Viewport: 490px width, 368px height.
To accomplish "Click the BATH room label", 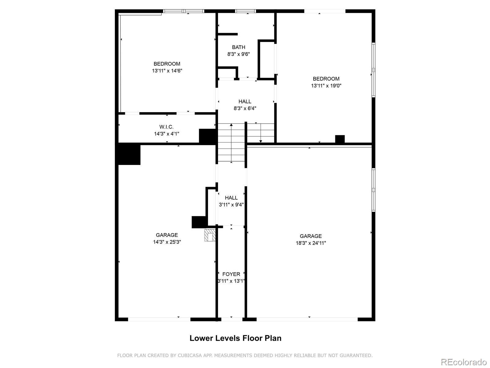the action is tap(238, 47).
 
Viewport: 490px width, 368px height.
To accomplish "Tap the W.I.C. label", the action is tap(166, 127).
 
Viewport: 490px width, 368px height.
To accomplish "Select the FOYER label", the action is tap(231, 274).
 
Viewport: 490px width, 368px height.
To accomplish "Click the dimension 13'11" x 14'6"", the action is tap(167, 71).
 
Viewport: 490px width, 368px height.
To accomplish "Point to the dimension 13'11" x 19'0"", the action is tap(326, 86).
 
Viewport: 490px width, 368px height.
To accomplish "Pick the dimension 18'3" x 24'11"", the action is tap(311, 243).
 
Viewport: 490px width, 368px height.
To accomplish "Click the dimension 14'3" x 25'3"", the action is tap(167, 242).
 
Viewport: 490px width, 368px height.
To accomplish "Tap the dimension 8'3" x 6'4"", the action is tap(245, 108).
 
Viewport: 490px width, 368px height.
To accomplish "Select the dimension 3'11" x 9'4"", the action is tap(231, 205).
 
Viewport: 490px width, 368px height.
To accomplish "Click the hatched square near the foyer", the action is tap(210, 235).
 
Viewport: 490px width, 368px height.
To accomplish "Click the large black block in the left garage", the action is tap(129, 155).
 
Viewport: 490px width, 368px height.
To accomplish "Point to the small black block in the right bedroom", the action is tap(340, 139).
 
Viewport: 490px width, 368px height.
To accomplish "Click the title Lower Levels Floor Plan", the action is tap(236, 338).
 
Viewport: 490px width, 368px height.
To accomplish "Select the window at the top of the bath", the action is tap(245, 11).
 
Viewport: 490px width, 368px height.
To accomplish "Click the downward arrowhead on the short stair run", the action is tap(261, 141).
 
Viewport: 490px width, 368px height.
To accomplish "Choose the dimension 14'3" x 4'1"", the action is tap(167, 134).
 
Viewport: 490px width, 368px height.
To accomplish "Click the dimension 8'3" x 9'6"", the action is tap(238, 54).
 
